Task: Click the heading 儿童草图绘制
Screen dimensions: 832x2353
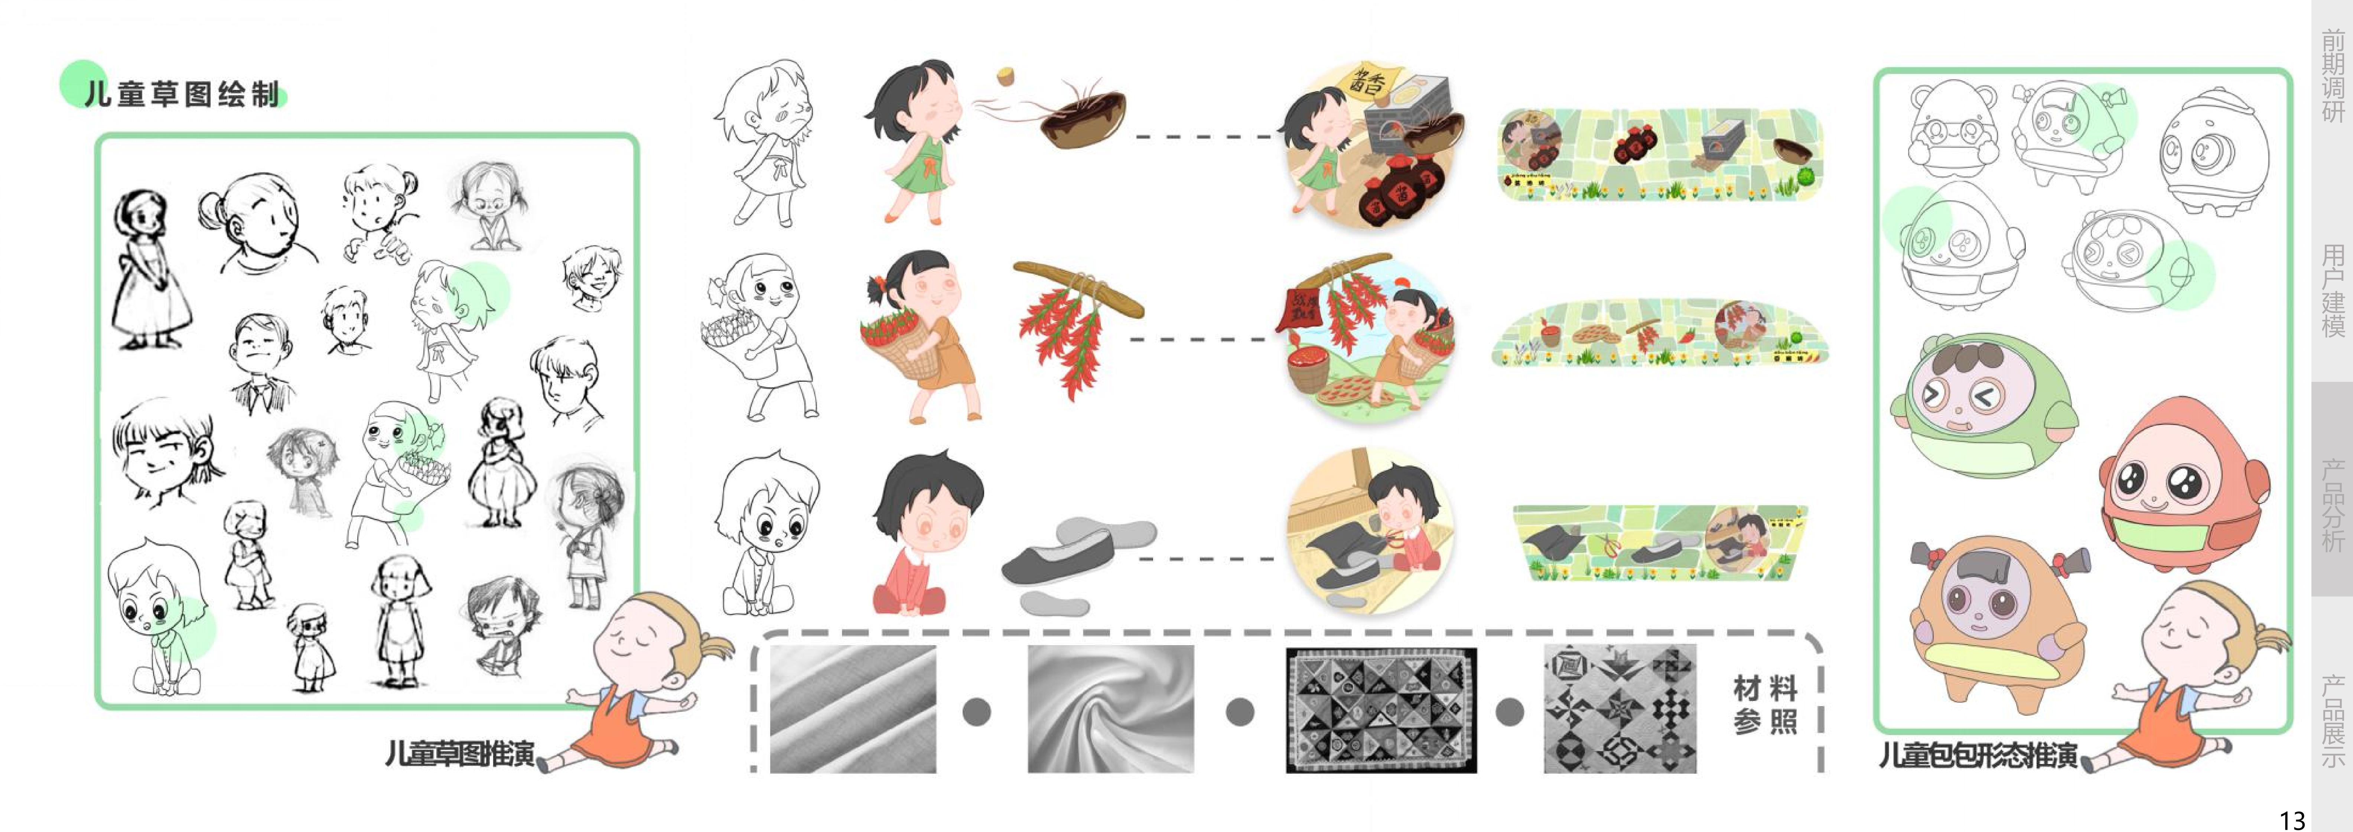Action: (x=182, y=94)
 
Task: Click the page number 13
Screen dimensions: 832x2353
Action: (x=2292, y=819)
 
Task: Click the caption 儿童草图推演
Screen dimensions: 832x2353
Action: (x=459, y=754)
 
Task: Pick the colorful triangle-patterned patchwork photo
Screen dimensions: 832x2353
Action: (x=1380, y=710)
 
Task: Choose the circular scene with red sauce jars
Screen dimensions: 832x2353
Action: (x=1370, y=146)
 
